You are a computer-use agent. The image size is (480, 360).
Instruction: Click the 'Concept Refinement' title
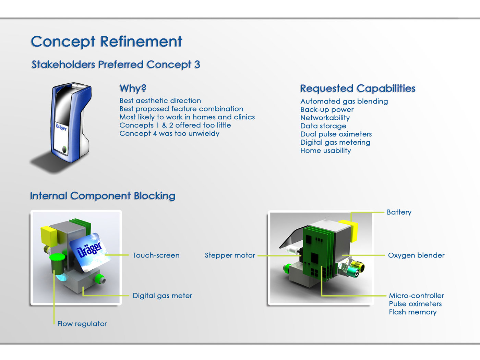click(x=107, y=41)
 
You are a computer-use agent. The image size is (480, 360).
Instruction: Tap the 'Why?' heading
click(x=133, y=88)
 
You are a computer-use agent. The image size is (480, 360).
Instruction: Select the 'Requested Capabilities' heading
click(x=358, y=88)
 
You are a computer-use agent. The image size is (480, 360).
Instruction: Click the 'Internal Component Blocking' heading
click(x=103, y=196)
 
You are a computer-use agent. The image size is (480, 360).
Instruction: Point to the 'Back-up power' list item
click(x=327, y=109)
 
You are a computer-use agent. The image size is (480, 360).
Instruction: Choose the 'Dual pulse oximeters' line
click(x=336, y=134)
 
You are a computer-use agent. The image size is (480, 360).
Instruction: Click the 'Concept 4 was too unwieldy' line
click(x=169, y=133)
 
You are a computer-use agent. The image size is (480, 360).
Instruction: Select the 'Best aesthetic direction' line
click(x=160, y=100)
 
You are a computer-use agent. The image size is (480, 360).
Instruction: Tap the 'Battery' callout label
click(x=399, y=212)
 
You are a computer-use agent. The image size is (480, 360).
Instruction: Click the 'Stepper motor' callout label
click(x=230, y=255)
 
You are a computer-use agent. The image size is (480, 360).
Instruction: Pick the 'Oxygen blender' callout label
click(x=416, y=255)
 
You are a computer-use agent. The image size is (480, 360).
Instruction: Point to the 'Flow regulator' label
click(x=82, y=324)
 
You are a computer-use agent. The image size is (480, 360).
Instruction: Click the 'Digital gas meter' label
click(x=163, y=296)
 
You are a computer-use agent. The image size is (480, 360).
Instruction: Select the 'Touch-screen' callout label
click(x=156, y=255)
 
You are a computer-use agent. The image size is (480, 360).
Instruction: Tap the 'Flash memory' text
click(x=413, y=312)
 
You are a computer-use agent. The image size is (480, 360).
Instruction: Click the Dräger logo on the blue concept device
click(x=61, y=127)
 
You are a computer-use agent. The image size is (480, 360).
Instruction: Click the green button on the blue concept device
click(x=64, y=149)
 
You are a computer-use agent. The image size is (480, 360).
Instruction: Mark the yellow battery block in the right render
click(x=348, y=230)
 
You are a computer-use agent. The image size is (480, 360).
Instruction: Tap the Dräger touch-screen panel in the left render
click(x=90, y=252)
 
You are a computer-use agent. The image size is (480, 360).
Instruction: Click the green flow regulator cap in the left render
click(x=57, y=257)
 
